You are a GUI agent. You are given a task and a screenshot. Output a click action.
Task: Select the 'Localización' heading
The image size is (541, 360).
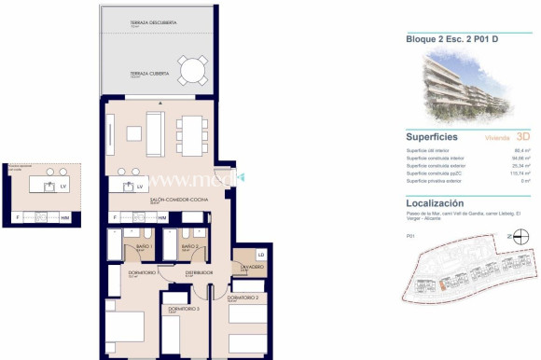click(435, 202)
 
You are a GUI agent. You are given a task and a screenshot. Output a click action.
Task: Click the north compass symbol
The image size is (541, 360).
click(520, 238)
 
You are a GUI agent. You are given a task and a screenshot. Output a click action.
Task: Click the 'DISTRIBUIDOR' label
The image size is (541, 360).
click(198, 272)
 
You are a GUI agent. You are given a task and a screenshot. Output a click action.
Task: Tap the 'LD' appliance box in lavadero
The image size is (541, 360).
click(261, 255)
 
